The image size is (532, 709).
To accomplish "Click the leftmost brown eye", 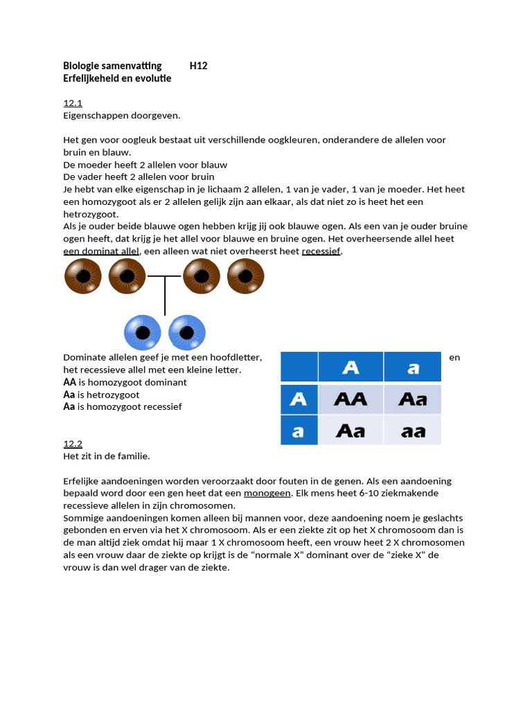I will (x=83, y=276).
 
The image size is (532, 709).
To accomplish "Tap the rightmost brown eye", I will (x=246, y=276).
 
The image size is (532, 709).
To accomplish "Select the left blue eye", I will (x=143, y=333).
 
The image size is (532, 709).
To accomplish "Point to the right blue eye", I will (x=187, y=333).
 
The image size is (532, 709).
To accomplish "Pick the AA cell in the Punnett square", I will (x=351, y=400).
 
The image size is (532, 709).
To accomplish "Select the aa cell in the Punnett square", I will (x=413, y=431).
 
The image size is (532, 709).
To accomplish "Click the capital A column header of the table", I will (x=351, y=368).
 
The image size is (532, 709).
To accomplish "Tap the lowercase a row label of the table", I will (x=299, y=431).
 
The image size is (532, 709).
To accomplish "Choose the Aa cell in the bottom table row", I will (x=351, y=431).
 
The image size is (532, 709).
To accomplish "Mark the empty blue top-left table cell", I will (x=299, y=367).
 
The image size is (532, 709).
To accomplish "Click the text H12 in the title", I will (x=199, y=66).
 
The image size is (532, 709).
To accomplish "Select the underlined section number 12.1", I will (x=73, y=103).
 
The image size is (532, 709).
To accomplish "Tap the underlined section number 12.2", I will (x=73, y=444).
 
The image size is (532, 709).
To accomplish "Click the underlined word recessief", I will (x=321, y=251).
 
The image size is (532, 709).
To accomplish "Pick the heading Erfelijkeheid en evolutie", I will (x=117, y=78).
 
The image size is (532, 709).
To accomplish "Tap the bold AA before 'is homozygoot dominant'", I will (x=69, y=382).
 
